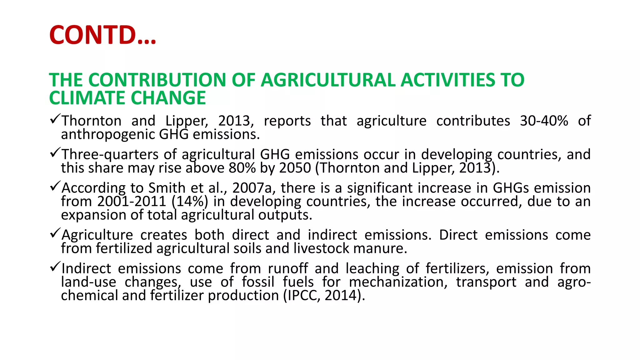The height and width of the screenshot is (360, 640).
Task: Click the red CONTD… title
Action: (102, 35)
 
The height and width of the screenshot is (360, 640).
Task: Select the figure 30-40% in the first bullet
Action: (544, 121)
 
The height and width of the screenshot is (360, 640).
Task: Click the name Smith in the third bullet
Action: (167, 188)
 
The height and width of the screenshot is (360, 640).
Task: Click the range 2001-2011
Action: (132, 202)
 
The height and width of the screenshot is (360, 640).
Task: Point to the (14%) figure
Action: (190, 202)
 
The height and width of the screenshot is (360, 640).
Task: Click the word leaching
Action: (372, 269)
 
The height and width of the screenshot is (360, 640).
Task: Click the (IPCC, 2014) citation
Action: (324, 296)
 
